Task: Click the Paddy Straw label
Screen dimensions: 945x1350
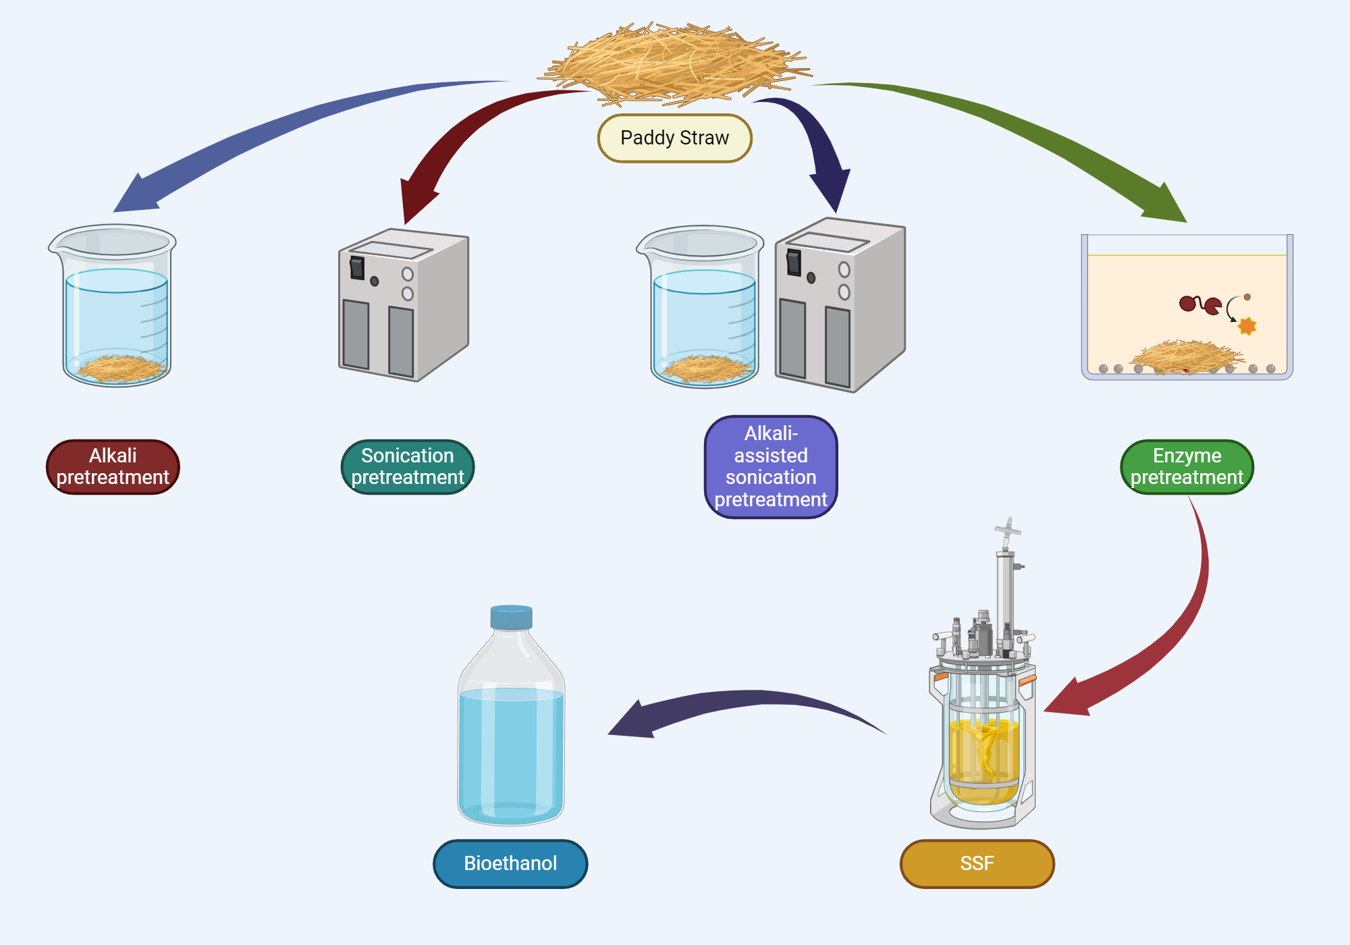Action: tap(674, 138)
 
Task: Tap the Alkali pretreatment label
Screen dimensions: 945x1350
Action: tap(113, 467)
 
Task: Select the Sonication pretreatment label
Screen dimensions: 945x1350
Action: tap(408, 467)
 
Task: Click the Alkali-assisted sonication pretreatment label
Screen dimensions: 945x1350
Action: tap(771, 467)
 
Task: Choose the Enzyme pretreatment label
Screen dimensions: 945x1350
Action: tap(1187, 467)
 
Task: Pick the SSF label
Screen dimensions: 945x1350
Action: tap(977, 863)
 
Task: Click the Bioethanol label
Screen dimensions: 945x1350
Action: tap(510, 863)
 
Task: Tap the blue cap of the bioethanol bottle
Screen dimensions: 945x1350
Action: tap(511, 617)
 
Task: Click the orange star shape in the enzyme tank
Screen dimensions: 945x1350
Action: tap(1247, 326)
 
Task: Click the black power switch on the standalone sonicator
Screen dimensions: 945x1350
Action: tap(357, 268)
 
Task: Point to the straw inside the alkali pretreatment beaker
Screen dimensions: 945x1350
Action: tap(120, 369)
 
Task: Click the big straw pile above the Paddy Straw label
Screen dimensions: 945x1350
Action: tap(675, 64)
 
